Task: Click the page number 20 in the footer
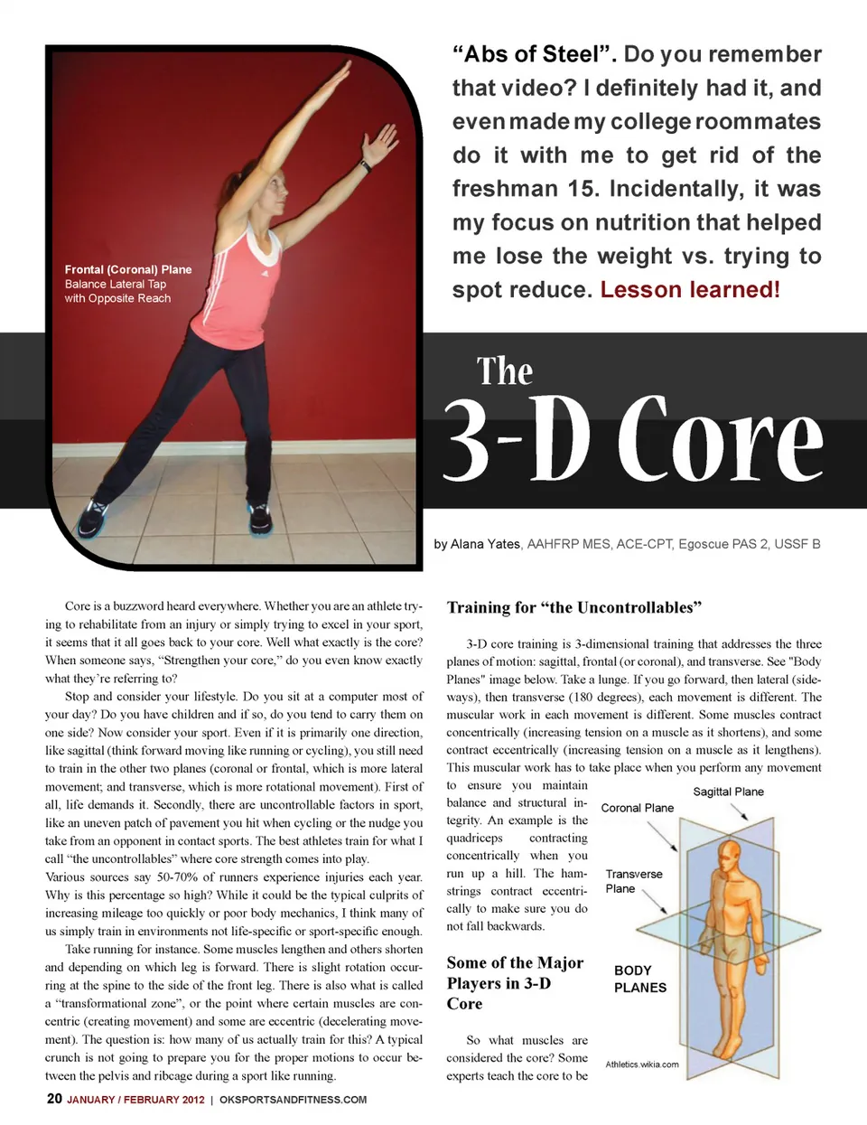(x=54, y=1099)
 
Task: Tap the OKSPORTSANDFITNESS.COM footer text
(x=293, y=1100)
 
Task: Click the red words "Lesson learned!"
(x=689, y=290)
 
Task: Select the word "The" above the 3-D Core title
(x=505, y=371)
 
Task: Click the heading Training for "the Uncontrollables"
(x=573, y=607)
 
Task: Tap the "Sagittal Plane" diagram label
(x=728, y=792)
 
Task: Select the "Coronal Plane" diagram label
(x=637, y=808)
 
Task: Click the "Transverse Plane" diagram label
(x=633, y=881)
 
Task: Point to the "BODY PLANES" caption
(x=639, y=979)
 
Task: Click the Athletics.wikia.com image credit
(x=641, y=1064)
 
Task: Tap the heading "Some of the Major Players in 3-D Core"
(x=514, y=983)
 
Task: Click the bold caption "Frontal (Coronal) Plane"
(x=127, y=269)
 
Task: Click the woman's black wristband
(x=366, y=166)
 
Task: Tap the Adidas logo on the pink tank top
(x=265, y=273)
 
